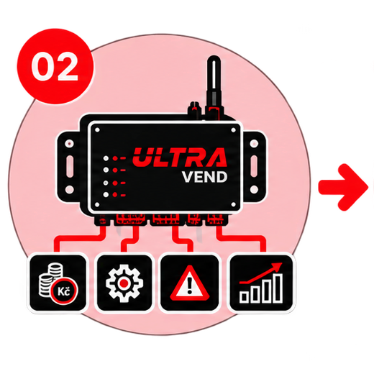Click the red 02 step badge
55,66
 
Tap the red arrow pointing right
343,187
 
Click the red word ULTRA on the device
180,158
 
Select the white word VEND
204,177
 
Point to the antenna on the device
214,85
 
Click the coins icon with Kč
58,283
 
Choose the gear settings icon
124,283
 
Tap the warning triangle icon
190,283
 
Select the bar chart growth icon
261,283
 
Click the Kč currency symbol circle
64,291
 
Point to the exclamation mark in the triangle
190,286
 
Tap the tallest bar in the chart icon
278,288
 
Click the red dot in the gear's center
124,283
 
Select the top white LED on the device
106,158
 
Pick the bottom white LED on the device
106,194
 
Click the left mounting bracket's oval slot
70,166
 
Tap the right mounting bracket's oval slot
254,166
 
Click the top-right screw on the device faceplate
233,130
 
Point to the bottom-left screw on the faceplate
97,204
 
